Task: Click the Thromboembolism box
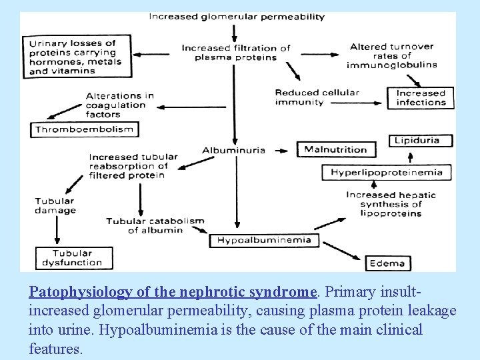pos(84,129)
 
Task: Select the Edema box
pos(387,263)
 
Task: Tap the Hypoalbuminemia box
pos(265,240)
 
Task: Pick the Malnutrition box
pos(336,149)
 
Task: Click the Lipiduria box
pos(421,141)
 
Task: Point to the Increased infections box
pos(421,98)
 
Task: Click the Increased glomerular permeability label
pos(236,17)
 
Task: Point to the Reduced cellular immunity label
pos(317,97)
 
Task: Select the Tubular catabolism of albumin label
pos(155,225)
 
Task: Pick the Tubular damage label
pos(55,205)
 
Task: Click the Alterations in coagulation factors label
pos(120,105)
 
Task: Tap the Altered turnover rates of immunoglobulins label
pos(392,55)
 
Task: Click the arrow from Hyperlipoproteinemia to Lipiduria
pos(410,156)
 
